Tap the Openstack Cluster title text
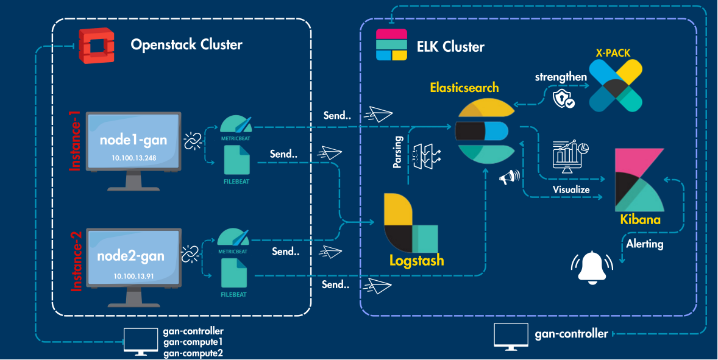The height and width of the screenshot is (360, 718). [187, 44]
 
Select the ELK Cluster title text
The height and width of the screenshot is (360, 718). [450, 47]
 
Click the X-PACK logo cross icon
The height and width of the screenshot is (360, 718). [614, 85]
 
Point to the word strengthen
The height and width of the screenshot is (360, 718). [561, 77]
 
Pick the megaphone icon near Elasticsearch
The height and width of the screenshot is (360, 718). [509, 177]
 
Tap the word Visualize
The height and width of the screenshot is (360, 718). [571, 189]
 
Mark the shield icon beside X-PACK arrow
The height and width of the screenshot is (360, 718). [563, 99]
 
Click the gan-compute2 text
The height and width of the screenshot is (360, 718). [194, 353]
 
